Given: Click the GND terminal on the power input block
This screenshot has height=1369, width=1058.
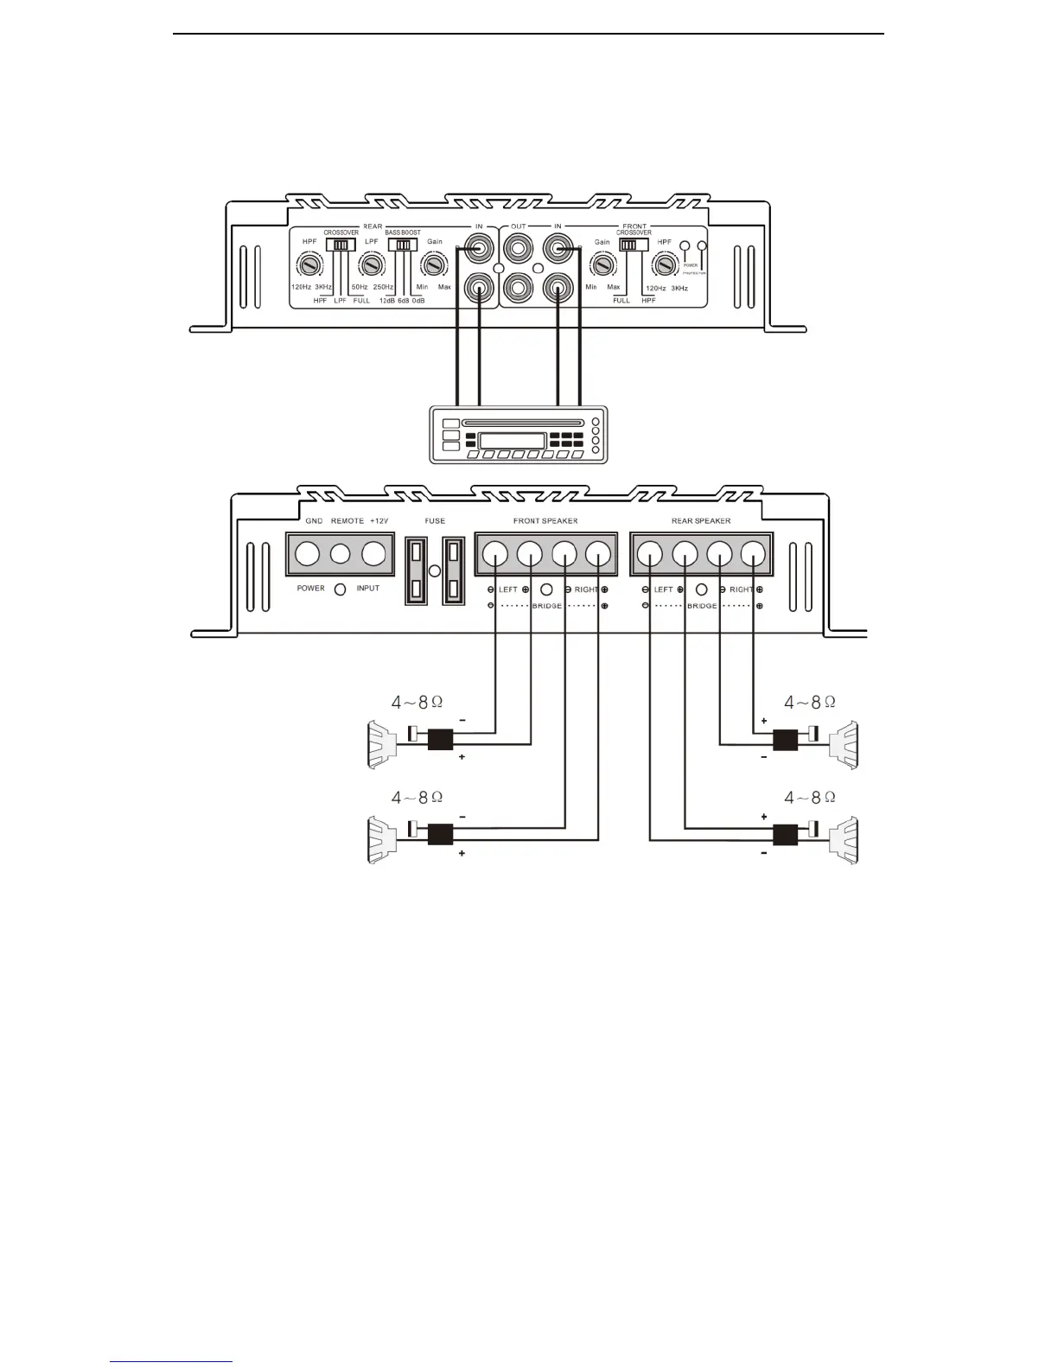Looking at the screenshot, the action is coord(308,553).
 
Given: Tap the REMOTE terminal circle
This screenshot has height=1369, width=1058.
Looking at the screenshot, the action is coord(341,553).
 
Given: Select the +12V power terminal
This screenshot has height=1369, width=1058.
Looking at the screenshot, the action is coord(373,553).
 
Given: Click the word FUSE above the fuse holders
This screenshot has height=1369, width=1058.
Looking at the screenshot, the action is coord(435,521).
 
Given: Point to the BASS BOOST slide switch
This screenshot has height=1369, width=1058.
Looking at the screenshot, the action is coord(401,245).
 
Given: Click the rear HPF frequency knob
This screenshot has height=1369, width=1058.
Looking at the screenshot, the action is coord(307,264).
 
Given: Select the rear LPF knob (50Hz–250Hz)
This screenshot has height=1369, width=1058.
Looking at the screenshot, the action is coord(372,264).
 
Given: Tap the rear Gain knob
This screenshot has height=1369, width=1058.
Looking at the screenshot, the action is coord(433,264).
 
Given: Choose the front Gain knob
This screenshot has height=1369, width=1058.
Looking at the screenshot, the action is coord(601,264).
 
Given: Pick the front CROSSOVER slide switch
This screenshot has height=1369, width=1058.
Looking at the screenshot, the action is coord(634,245).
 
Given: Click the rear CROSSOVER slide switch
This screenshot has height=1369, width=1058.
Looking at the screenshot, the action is coord(341,245).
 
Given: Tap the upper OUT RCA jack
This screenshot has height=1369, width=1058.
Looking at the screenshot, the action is coord(519,251).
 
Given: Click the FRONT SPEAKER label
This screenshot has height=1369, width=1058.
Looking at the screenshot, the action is coord(545,521).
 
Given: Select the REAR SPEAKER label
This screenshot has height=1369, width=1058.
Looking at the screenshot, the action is coord(701,521).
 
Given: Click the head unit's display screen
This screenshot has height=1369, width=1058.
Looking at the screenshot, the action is coord(512,440).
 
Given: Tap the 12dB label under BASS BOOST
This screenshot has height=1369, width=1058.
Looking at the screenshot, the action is coord(386,301).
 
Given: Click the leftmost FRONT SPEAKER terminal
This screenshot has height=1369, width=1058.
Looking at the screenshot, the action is coord(495,553).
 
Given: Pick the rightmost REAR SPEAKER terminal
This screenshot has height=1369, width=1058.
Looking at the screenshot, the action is coord(753,553).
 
